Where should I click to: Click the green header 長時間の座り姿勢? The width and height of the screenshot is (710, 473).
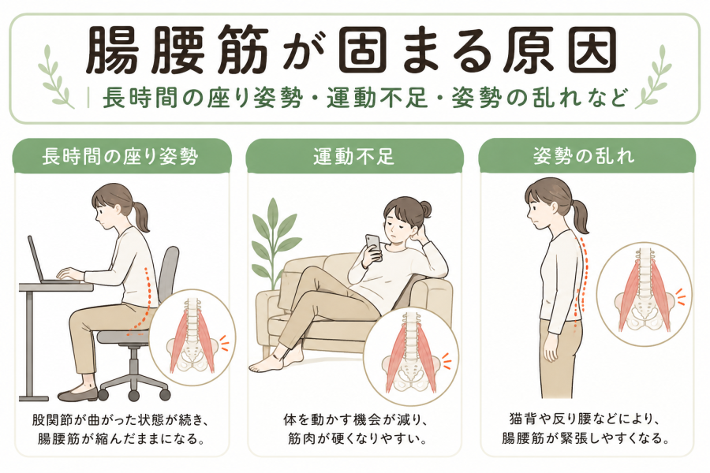[x=121, y=157]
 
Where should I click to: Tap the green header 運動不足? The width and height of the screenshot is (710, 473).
[x=354, y=157]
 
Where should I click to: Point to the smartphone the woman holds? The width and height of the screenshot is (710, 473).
[x=374, y=246]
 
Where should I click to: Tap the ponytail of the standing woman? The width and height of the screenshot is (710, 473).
[x=580, y=215]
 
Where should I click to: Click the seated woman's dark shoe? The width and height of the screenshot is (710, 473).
[x=77, y=395]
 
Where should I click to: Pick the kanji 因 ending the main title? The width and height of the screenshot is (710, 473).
[x=592, y=50]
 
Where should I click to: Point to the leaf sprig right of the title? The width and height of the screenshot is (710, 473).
[x=653, y=77]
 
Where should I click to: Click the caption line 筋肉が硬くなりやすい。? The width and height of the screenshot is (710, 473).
[x=354, y=438]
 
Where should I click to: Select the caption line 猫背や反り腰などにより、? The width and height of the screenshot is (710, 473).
[x=584, y=419]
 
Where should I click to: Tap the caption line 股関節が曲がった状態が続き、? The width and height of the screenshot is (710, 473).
[x=121, y=419]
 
